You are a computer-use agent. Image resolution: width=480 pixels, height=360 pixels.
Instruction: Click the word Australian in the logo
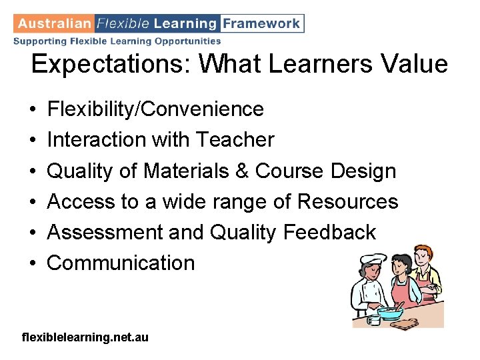(55, 23)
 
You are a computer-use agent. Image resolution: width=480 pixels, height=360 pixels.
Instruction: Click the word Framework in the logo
(261, 23)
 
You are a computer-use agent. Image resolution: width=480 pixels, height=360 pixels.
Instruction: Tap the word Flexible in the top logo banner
(123, 23)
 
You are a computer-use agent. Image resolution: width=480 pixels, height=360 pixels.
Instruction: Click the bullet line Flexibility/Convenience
(155, 109)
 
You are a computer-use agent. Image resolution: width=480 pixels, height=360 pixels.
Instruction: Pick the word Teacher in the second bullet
(235, 139)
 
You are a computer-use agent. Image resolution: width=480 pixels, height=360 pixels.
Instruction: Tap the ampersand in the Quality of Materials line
(241, 171)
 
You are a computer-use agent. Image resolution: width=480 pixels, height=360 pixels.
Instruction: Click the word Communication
(121, 263)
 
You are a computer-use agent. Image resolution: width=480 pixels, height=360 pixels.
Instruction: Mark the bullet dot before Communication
(33, 263)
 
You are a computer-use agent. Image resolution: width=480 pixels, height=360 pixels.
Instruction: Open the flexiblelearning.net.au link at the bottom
(85, 338)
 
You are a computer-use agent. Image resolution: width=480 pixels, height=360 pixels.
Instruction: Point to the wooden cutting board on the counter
(404, 323)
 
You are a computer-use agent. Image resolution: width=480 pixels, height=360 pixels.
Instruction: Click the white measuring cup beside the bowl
(373, 319)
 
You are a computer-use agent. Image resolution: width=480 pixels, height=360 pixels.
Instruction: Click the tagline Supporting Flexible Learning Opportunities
(117, 41)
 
